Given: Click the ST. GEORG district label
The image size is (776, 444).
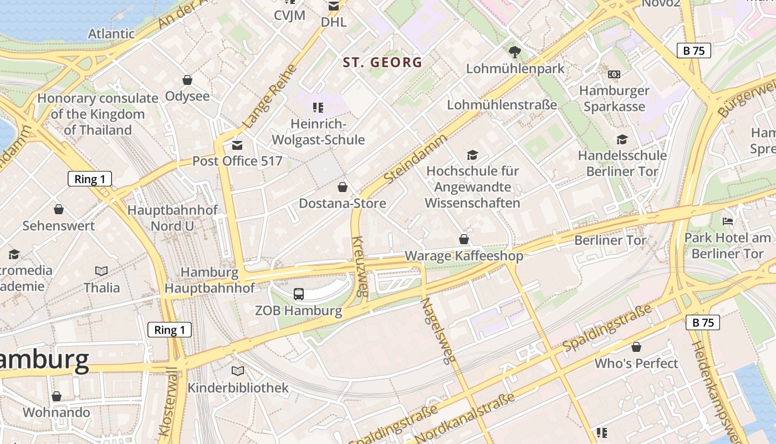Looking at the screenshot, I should coord(382,62).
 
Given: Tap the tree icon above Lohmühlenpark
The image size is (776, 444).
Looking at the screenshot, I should coord(515,52).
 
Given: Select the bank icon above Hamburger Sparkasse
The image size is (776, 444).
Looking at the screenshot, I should coord(614,74).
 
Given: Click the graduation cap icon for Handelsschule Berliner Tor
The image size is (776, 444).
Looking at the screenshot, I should coord(622,139).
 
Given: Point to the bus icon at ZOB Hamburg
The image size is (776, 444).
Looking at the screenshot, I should coord(298,294).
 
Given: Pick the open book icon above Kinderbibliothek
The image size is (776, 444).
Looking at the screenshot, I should coord(238,371).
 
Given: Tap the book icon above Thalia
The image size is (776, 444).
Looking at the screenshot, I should coord(101,271).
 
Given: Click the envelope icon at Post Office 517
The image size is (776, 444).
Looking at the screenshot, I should coord(237,145).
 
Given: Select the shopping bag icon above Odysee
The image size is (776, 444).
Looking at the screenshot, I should coord(187,80).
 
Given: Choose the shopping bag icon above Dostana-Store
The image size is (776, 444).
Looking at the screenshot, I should coord(343,187).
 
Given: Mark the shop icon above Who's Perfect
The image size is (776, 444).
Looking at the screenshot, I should coord(636,347).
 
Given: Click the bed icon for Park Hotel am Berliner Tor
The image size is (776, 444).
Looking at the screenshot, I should coord(728,221).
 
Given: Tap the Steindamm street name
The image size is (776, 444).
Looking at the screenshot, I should coord(415,159).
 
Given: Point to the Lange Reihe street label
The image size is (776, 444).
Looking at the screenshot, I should coord(270,97).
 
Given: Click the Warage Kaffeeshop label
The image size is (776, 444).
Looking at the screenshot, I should coord(464,256).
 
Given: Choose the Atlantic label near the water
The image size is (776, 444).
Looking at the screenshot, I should coord(111,34).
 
